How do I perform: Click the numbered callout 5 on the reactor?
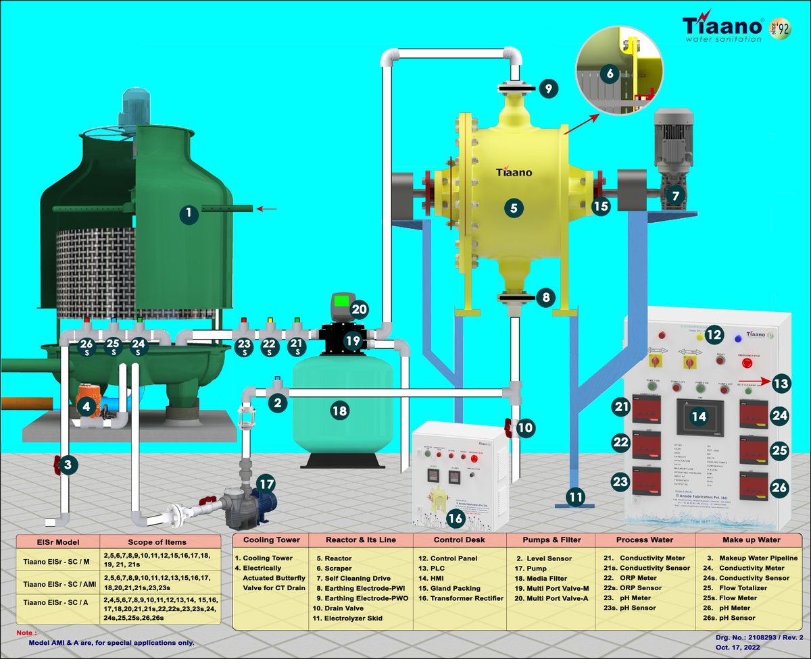[514, 209]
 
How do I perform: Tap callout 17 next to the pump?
[266, 483]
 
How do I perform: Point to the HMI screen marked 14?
[699, 416]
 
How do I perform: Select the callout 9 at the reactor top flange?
[549, 88]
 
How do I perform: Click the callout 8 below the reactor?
[548, 296]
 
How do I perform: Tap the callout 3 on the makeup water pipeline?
[68, 464]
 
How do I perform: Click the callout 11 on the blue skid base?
[575, 498]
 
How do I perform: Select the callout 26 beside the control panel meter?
[780, 487]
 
